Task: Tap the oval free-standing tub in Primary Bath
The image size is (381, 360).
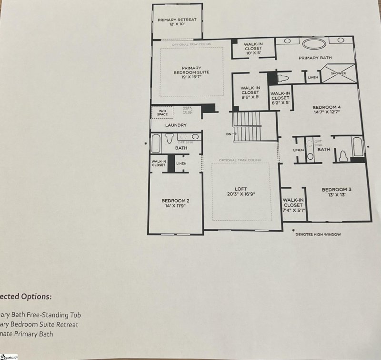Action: (x=314, y=45)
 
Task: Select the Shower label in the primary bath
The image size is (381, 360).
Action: (x=338, y=73)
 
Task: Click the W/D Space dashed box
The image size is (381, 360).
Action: (x=160, y=113)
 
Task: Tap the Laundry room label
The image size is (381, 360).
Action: (x=175, y=125)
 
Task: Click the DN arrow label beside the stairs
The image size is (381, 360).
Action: (x=229, y=134)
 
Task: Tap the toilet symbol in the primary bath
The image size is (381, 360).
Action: (x=283, y=77)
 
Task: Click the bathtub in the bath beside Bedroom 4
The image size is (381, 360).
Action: (x=357, y=146)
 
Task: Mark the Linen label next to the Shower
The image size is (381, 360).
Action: (x=313, y=77)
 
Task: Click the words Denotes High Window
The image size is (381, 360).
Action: (x=318, y=234)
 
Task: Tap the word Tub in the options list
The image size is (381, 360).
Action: (x=75, y=315)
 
